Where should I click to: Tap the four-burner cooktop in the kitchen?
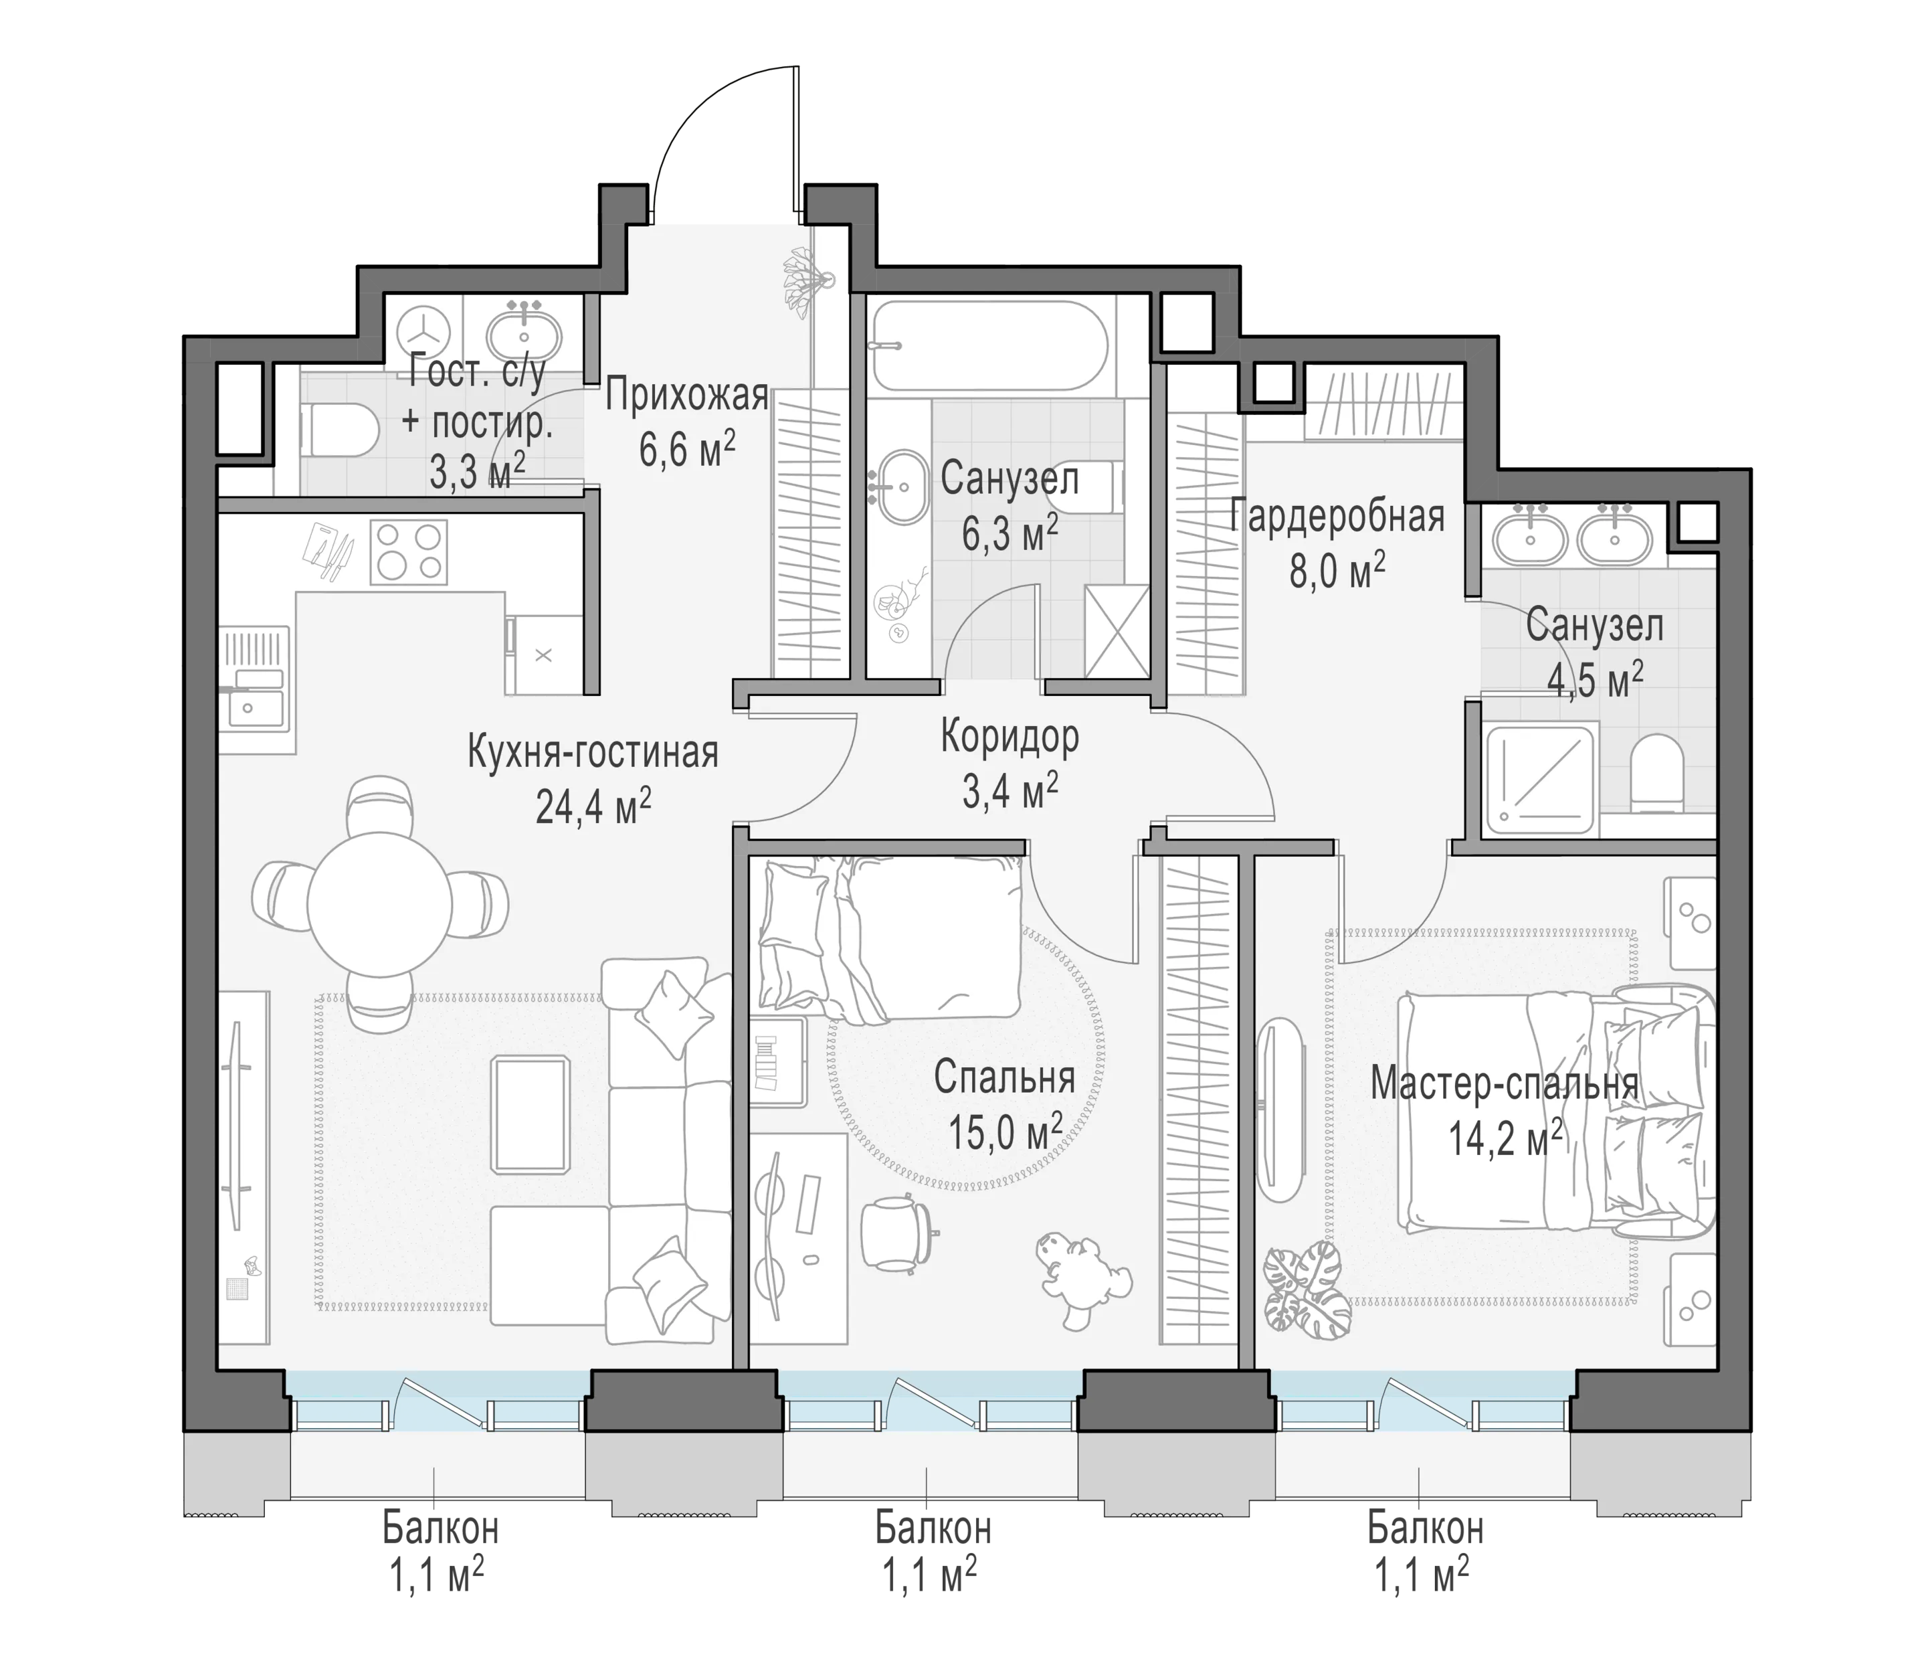(409, 551)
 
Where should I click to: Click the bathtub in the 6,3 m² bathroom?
(990, 345)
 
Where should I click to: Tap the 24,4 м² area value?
(593, 806)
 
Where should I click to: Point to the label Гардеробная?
(1337, 516)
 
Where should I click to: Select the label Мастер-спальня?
(1505, 1084)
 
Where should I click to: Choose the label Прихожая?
(687, 396)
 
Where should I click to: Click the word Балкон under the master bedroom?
(1425, 1528)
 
